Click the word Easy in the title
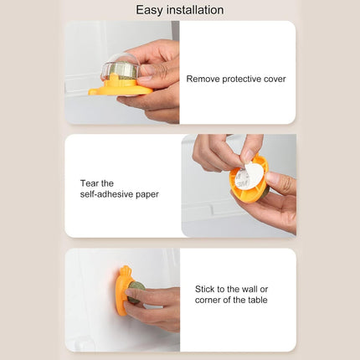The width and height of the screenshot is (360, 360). tap(151, 10)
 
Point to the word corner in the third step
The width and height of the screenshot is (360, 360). tap(208, 300)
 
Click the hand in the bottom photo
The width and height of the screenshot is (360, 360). tap(159, 306)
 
